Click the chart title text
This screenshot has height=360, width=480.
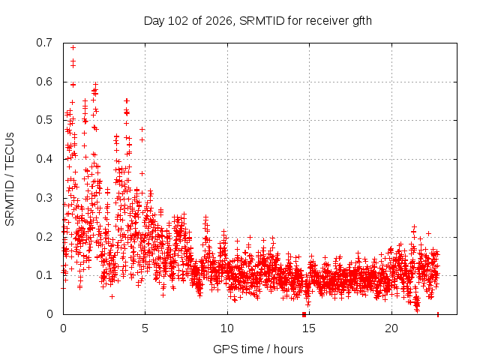[258, 21]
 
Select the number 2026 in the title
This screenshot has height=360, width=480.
[219, 21]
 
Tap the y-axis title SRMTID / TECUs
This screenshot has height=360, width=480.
[10, 179]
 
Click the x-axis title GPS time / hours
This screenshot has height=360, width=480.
[258, 349]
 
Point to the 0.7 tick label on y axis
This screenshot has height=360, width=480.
[44, 43]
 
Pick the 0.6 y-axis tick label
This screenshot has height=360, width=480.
[44, 82]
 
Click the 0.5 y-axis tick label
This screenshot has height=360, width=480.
[44, 120]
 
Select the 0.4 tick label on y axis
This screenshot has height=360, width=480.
[44, 159]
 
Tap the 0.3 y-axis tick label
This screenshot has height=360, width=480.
[44, 198]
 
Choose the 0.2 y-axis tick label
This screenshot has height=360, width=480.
[44, 237]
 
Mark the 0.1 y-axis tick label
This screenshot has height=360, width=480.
[44, 275]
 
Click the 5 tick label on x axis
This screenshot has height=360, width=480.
[145, 328]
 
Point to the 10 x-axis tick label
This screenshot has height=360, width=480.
[227, 328]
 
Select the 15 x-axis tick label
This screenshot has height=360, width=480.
[309, 328]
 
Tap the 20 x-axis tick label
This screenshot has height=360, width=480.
[391, 328]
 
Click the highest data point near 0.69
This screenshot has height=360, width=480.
[73, 47]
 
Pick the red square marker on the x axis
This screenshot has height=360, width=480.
[304, 314]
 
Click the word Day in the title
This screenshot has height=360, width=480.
[154, 22]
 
